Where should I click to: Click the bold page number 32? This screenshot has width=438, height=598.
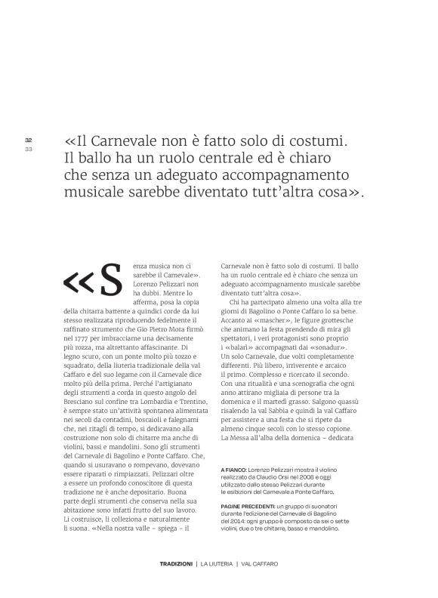pyautogui.click(x=28, y=140)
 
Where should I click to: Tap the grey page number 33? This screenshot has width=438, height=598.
pyautogui.click(x=28, y=149)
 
